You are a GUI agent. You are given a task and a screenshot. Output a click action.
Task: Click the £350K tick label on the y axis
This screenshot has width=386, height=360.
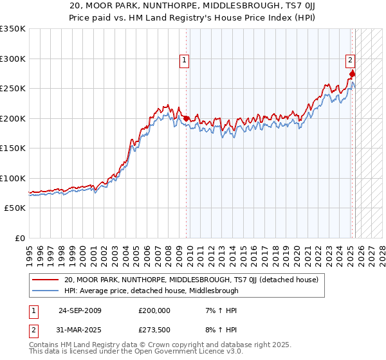(x=13, y=29)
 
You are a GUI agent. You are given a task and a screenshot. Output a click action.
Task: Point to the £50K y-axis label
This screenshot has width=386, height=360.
(x=14, y=208)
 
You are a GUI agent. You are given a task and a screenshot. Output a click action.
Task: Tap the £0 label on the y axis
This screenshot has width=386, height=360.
(x=20, y=239)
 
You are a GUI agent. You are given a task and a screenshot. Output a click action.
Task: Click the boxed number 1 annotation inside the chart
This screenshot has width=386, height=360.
(x=184, y=61)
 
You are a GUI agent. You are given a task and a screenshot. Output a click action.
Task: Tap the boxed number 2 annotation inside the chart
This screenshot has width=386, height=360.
(x=351, y=61)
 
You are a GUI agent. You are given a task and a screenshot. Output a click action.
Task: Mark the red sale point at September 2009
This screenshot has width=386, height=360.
(x=187, y=119)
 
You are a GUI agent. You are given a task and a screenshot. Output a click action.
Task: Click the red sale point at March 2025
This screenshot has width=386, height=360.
(x=353, y=75)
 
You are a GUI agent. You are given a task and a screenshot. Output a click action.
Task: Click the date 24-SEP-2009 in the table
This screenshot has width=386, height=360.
(x=80, y=310)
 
